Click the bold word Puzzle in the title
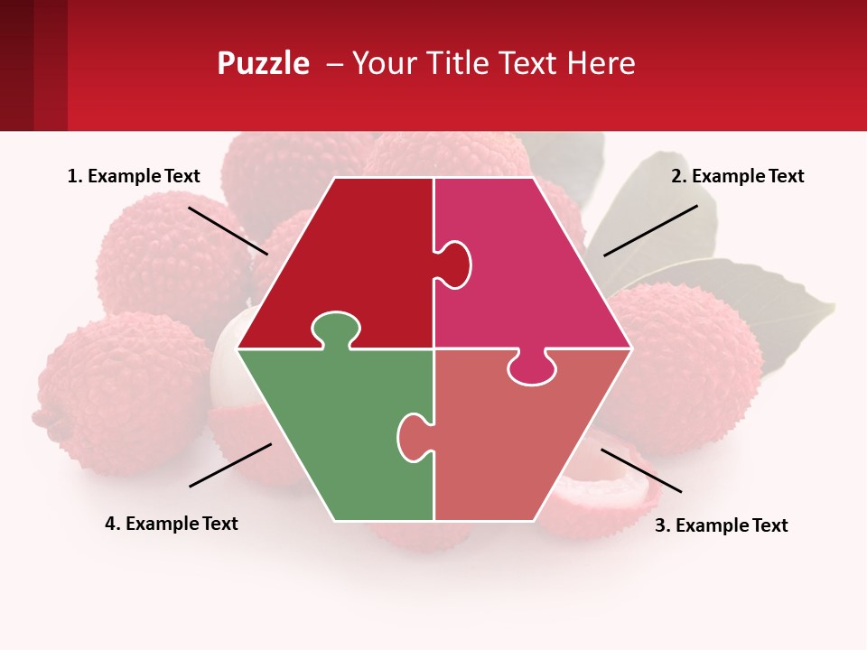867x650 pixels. pyautogui.click(x=263, y=63)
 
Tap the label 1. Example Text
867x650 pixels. pyautogui.click(x=134, y=176)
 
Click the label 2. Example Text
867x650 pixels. pyautogui.click(x=737, y=176)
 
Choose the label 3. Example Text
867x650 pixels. pyautogui.click(x=721, y=525)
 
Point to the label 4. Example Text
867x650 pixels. pyautogui.click(x=172, y=524)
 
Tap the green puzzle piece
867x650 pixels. pyautogui.click(x=334, y=433)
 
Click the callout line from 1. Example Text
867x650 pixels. pyautogui.click(x=228, y=230)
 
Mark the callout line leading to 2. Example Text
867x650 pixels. pyautogui.click(x=650, y=230)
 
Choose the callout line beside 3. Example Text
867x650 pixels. pyautogui.click(x=641, y=470)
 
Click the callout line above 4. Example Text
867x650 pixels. pyautogui.click(x=230, y=465)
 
